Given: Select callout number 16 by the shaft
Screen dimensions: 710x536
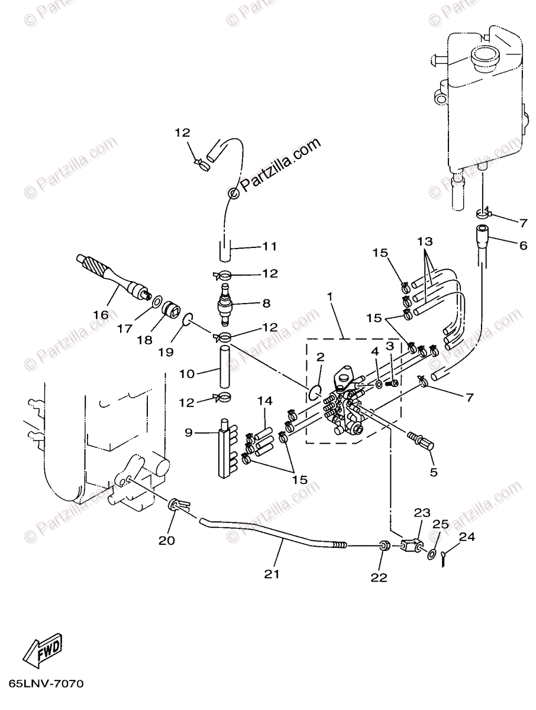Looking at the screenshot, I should pos(101,315).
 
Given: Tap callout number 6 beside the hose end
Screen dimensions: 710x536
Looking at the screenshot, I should pos(523,244).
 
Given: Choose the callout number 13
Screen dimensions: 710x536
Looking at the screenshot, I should pos(425,241).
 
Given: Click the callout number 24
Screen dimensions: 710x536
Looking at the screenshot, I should pos(467,537).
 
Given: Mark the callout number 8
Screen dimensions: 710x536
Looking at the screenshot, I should pos(266,304).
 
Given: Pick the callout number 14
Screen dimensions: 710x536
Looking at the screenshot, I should pos(264,402).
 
